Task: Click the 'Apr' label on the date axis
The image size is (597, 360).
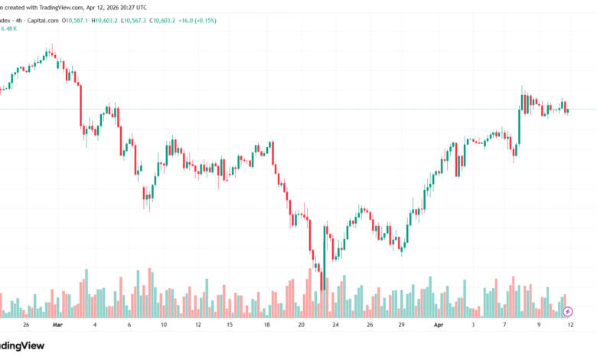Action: tap(439, 325)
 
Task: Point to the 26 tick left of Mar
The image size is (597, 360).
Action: tap(25, 325)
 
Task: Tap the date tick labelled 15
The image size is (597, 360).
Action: tap(229, 325)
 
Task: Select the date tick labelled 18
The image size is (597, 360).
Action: tap(266, 325)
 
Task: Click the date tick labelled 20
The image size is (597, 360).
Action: tap(301, 325)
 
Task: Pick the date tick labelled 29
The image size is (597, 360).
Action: tap(402, 325)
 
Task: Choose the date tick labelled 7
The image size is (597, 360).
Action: tap(505, 325)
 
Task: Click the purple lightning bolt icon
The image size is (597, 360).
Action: tap(567, 312)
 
